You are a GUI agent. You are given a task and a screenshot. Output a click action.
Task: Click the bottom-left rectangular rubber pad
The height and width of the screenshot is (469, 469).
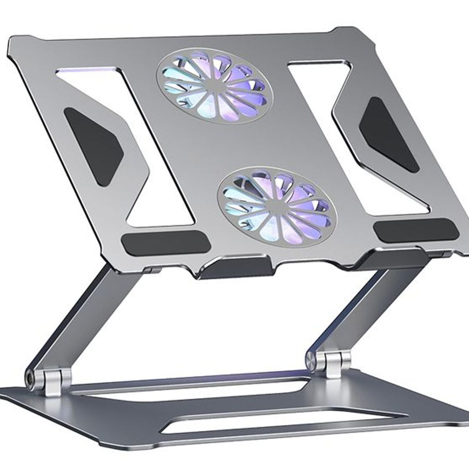(x=166, y=243)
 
